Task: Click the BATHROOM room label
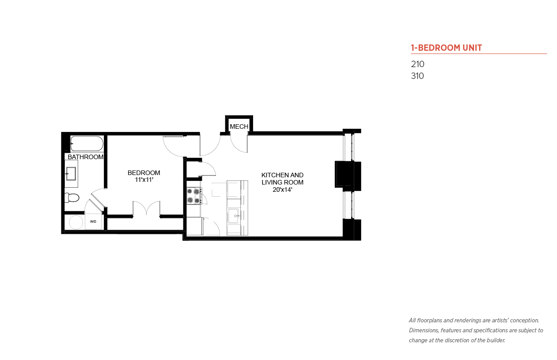[86, 157]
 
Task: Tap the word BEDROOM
[144, 173]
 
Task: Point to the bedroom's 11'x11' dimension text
[144, 180]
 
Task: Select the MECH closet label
[239, 126]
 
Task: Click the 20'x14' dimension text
[282, 190]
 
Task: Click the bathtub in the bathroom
[87, 143]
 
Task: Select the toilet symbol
[72, 198]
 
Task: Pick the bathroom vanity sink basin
[71, 174]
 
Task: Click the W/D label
[93, 222]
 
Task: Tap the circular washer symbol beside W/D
[76, 222]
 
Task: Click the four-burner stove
[194, 196]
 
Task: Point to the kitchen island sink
[234, 216]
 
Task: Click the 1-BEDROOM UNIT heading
[446, 48]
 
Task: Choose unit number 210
[417, 64]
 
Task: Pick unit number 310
[417, 76]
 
